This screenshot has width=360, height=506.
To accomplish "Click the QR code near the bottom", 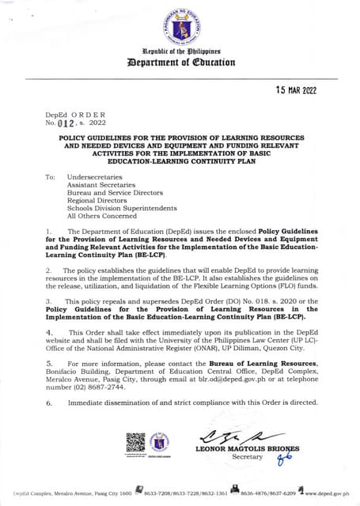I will (135, 442).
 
